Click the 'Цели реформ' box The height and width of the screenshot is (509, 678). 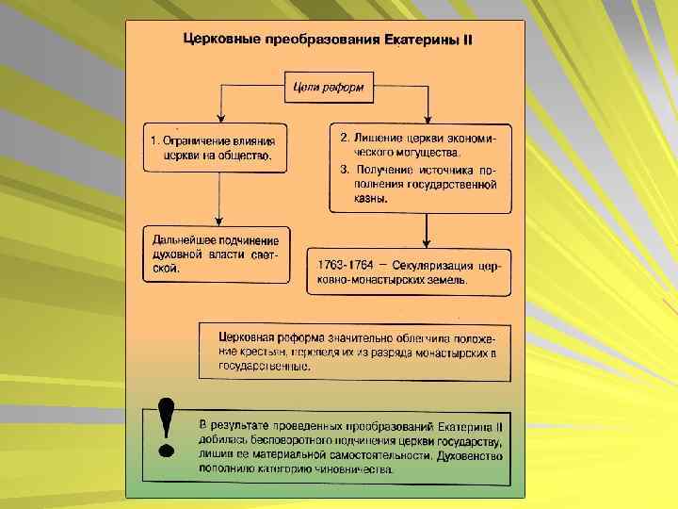330,90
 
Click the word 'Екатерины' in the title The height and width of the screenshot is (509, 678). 419,42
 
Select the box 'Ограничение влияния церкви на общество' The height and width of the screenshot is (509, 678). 218,148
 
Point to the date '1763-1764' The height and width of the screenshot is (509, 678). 347,264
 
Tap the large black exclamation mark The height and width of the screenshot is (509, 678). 168,425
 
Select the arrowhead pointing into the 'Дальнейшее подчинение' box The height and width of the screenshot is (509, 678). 218,221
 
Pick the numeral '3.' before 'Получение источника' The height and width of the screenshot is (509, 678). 346,170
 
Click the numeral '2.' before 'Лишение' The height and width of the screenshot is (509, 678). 346,138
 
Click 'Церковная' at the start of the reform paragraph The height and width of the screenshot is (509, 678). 247,337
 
